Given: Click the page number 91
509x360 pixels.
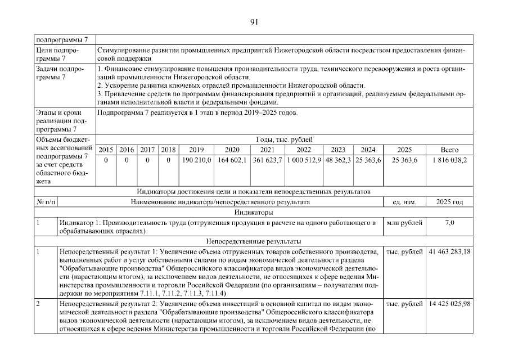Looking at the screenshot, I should pyautogui.click(x=254, y=22).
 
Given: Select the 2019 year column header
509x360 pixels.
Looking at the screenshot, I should pyautogui.click(x=196, y=150).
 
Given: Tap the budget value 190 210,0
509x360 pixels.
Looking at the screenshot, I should pyautogui.click(x=196, y=160).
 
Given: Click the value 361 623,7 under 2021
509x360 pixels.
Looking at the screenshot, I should pyautogui.click(x=267, y=160).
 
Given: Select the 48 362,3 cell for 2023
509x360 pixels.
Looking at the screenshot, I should pyautogui.click(x=339, y=160).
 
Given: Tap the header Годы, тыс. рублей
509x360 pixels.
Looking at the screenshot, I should pyautogui.click(x=283, y=139).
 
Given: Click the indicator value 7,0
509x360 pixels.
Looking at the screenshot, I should pyautogui.click(x=449, y=223).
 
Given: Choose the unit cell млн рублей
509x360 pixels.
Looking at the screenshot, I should pyautogui.click(x=404, y=223).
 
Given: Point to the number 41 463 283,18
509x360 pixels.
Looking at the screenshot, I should pyautogui.click(x=449, y=251).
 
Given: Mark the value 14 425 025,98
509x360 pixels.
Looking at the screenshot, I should pyautogui.click(x=449, y=304).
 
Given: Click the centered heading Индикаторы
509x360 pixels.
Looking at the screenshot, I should pyautogui.click(x=254, y=213).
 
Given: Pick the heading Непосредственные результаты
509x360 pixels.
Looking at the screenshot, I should pyautogui.click(x=254, y=241).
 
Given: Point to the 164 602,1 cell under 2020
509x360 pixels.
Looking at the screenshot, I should pyautogui.click(x=232, y=160).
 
